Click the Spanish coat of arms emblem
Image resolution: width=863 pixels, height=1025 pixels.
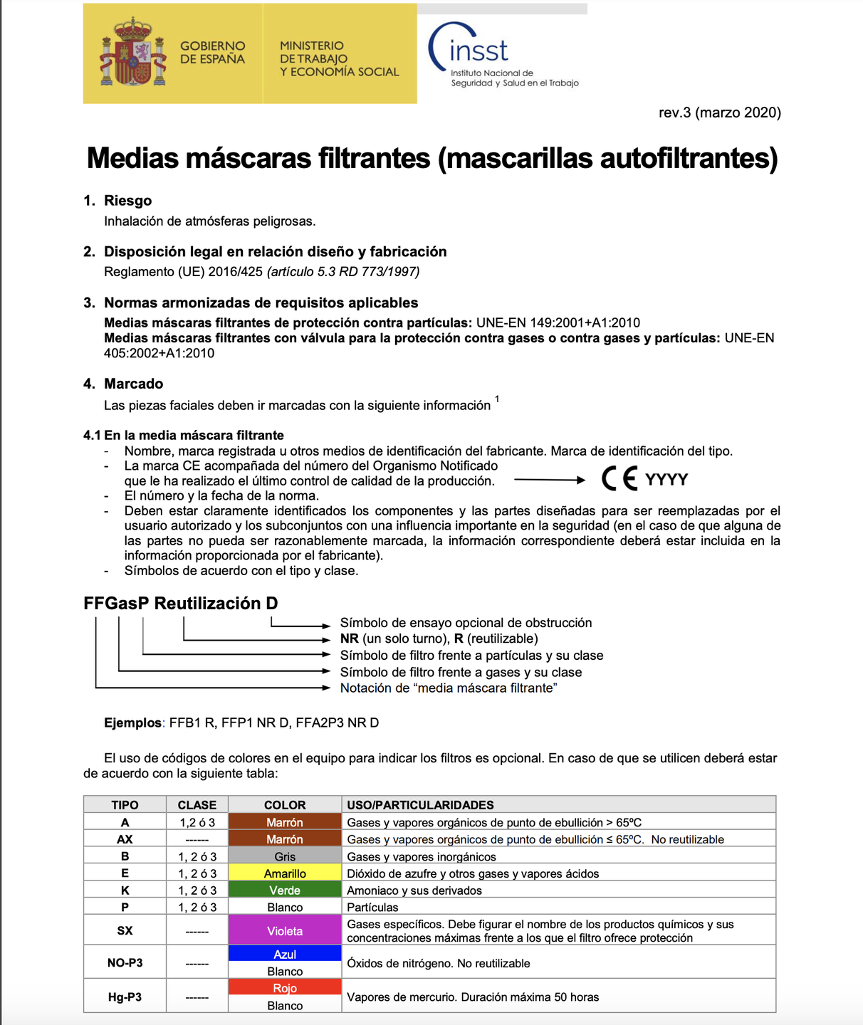(133, 53)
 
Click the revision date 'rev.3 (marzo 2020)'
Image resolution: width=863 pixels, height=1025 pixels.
(719, 112)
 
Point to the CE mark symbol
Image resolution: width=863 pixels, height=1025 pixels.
(619, 479)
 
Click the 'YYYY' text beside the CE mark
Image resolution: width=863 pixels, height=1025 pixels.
(666, 480)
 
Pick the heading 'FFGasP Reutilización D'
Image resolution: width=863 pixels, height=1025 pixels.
(181, 604)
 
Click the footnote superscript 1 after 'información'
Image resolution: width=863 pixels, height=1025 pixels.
(497, 399)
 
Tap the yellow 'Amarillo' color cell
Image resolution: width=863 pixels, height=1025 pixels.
(285, 873)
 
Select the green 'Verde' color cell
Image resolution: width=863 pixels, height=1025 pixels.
(285, 890)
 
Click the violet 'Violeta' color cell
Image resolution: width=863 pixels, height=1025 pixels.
(285, 930)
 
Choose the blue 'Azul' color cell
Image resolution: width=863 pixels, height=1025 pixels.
(285, 954)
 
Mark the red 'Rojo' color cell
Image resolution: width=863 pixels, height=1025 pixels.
(285, 988)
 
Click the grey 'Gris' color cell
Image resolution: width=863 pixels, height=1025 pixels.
(285, 856)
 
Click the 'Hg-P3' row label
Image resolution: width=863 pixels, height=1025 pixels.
(125, 997)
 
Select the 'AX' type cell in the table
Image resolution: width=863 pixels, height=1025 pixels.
(125, 839)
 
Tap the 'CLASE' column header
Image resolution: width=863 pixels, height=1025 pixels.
(197, 805)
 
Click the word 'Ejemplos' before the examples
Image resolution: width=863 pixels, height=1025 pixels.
(132, 723)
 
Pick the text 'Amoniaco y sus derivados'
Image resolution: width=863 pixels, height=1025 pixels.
(414, 890)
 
